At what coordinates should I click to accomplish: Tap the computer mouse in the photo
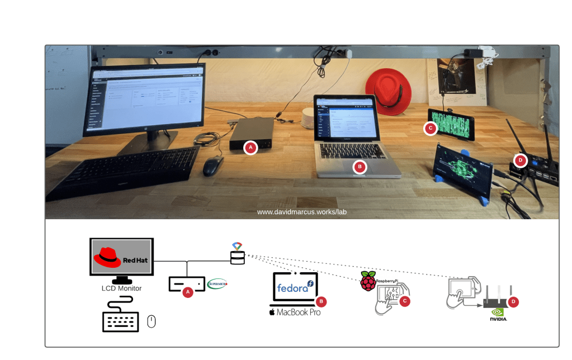pos(213,166)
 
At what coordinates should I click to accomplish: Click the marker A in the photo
pos(250,148)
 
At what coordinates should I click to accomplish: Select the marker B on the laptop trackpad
pos(360,167)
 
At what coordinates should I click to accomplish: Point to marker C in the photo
pos(430,129)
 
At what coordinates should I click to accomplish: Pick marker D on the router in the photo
pos(521,160)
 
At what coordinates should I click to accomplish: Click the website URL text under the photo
pos(302,212)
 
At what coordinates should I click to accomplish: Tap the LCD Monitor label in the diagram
pos(121,288)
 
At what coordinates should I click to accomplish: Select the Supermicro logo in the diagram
pos(218,284)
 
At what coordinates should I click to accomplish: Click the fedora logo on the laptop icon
pos(295,287)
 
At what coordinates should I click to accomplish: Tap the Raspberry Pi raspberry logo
pos(367,281)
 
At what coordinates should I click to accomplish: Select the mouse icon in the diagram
pos(151,321)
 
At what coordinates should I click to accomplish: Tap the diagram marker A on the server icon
pos(188,292)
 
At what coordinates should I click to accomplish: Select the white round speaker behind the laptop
pos(308,118)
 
